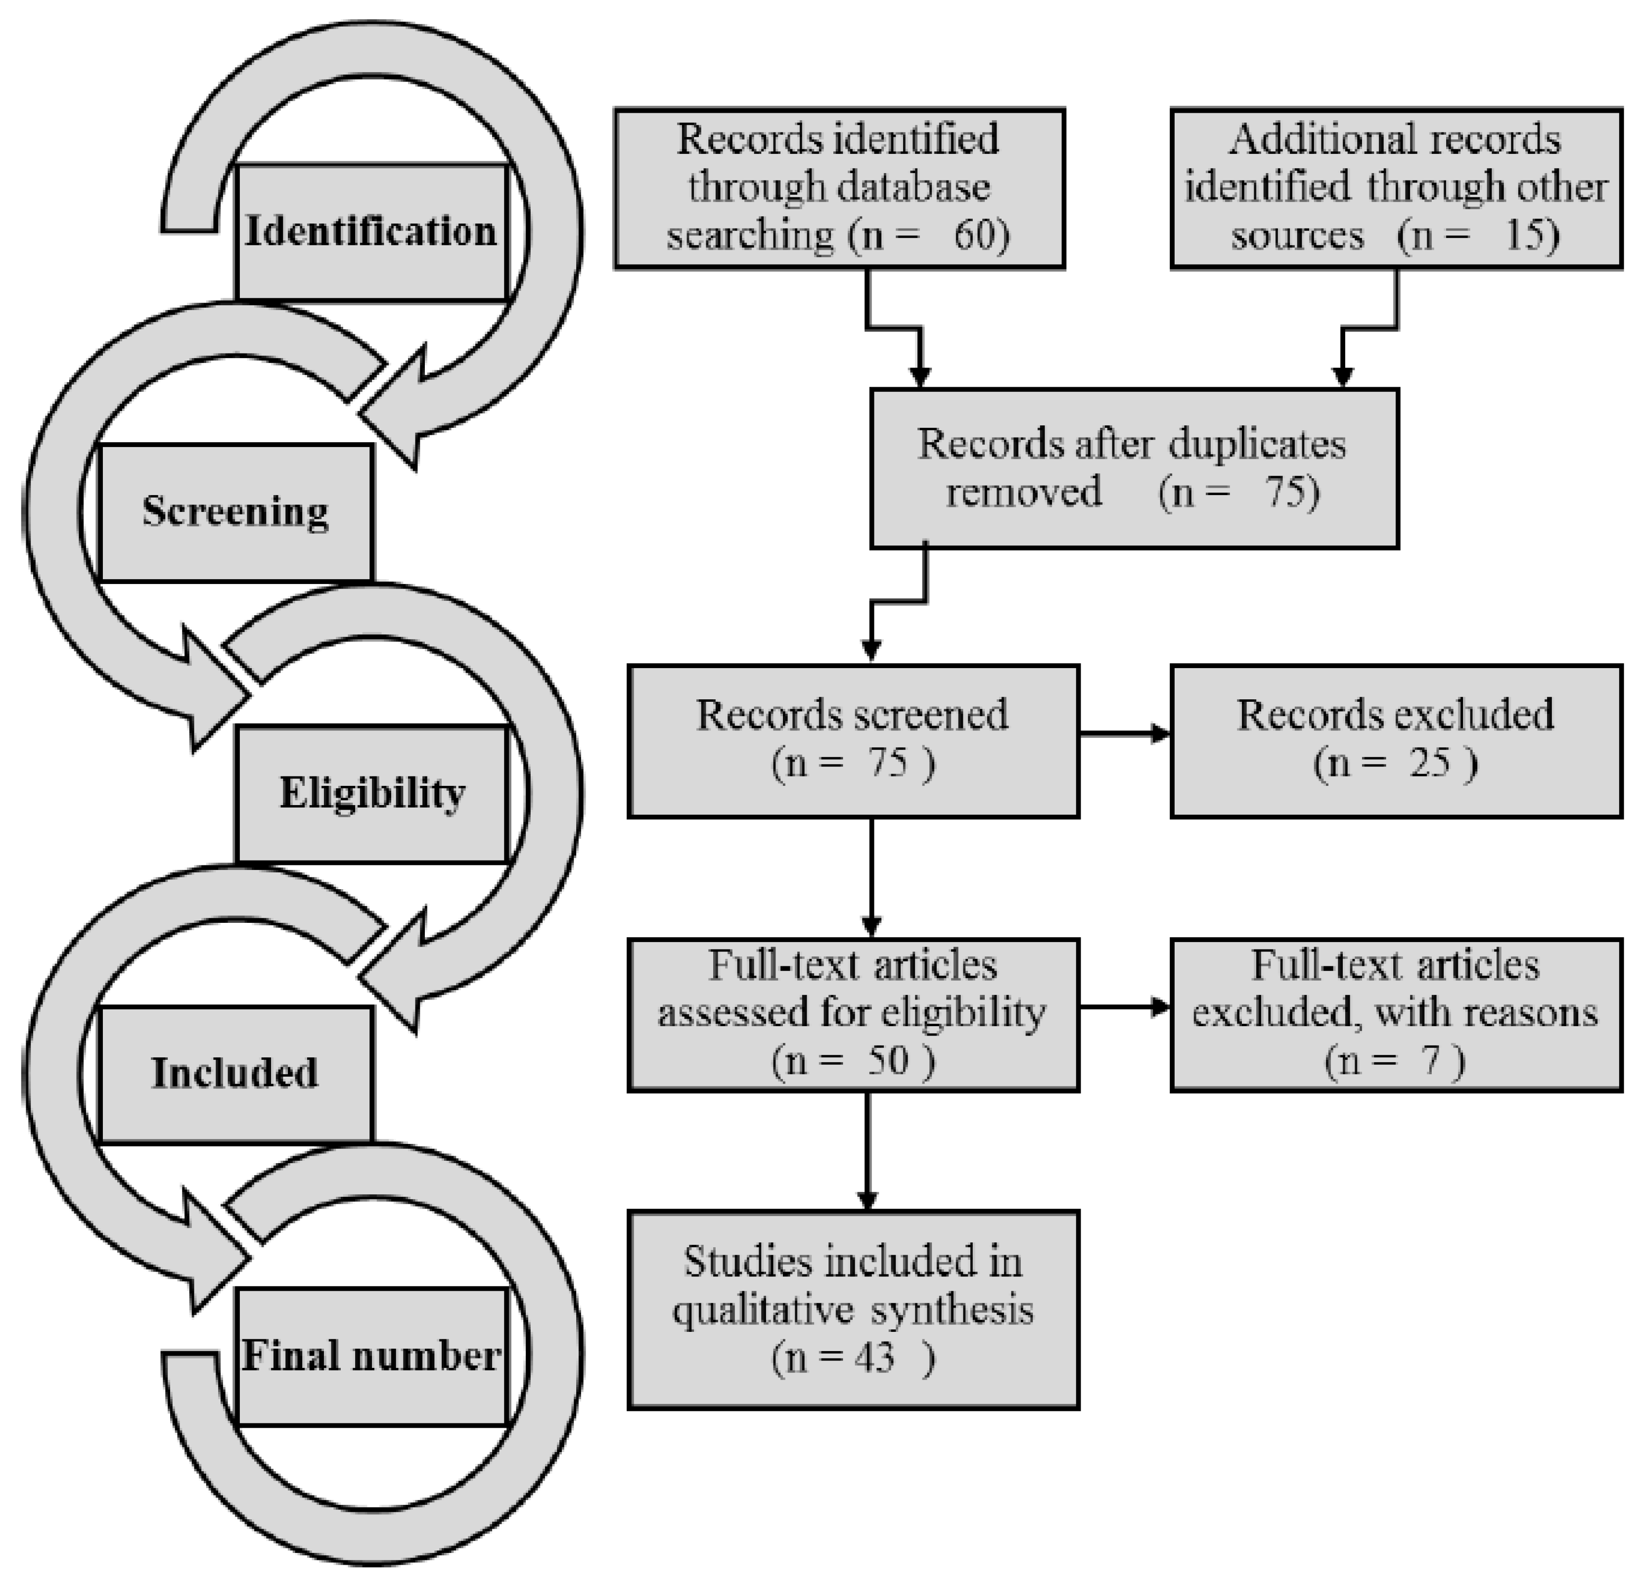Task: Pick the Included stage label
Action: tap(235, 1073)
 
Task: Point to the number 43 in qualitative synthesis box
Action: tap(874, 1357)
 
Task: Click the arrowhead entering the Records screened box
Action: tap(871, 649)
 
